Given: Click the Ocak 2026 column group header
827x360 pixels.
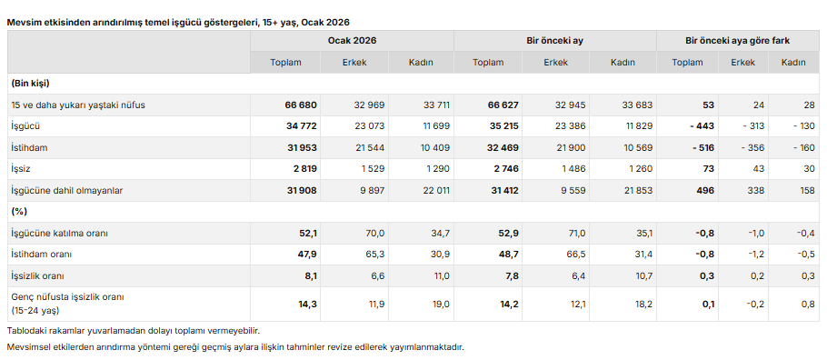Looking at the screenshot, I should coord(353,41).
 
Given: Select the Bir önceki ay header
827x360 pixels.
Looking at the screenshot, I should coord(554,41).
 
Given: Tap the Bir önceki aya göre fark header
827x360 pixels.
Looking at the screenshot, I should coord(736,41).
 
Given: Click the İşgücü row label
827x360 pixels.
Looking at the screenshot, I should coord(25,126).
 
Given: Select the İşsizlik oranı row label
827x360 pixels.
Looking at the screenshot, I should coord(37,275).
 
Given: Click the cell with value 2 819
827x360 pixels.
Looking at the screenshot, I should coord(302,169).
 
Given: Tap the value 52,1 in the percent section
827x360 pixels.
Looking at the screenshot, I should coord(307,234).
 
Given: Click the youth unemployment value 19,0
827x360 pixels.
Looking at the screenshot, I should coord(441,304).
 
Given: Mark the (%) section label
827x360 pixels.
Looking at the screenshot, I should coord(18,212).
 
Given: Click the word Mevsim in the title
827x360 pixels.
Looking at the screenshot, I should coord(23,21).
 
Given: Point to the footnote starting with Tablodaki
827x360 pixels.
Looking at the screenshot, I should coord(126,330).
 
